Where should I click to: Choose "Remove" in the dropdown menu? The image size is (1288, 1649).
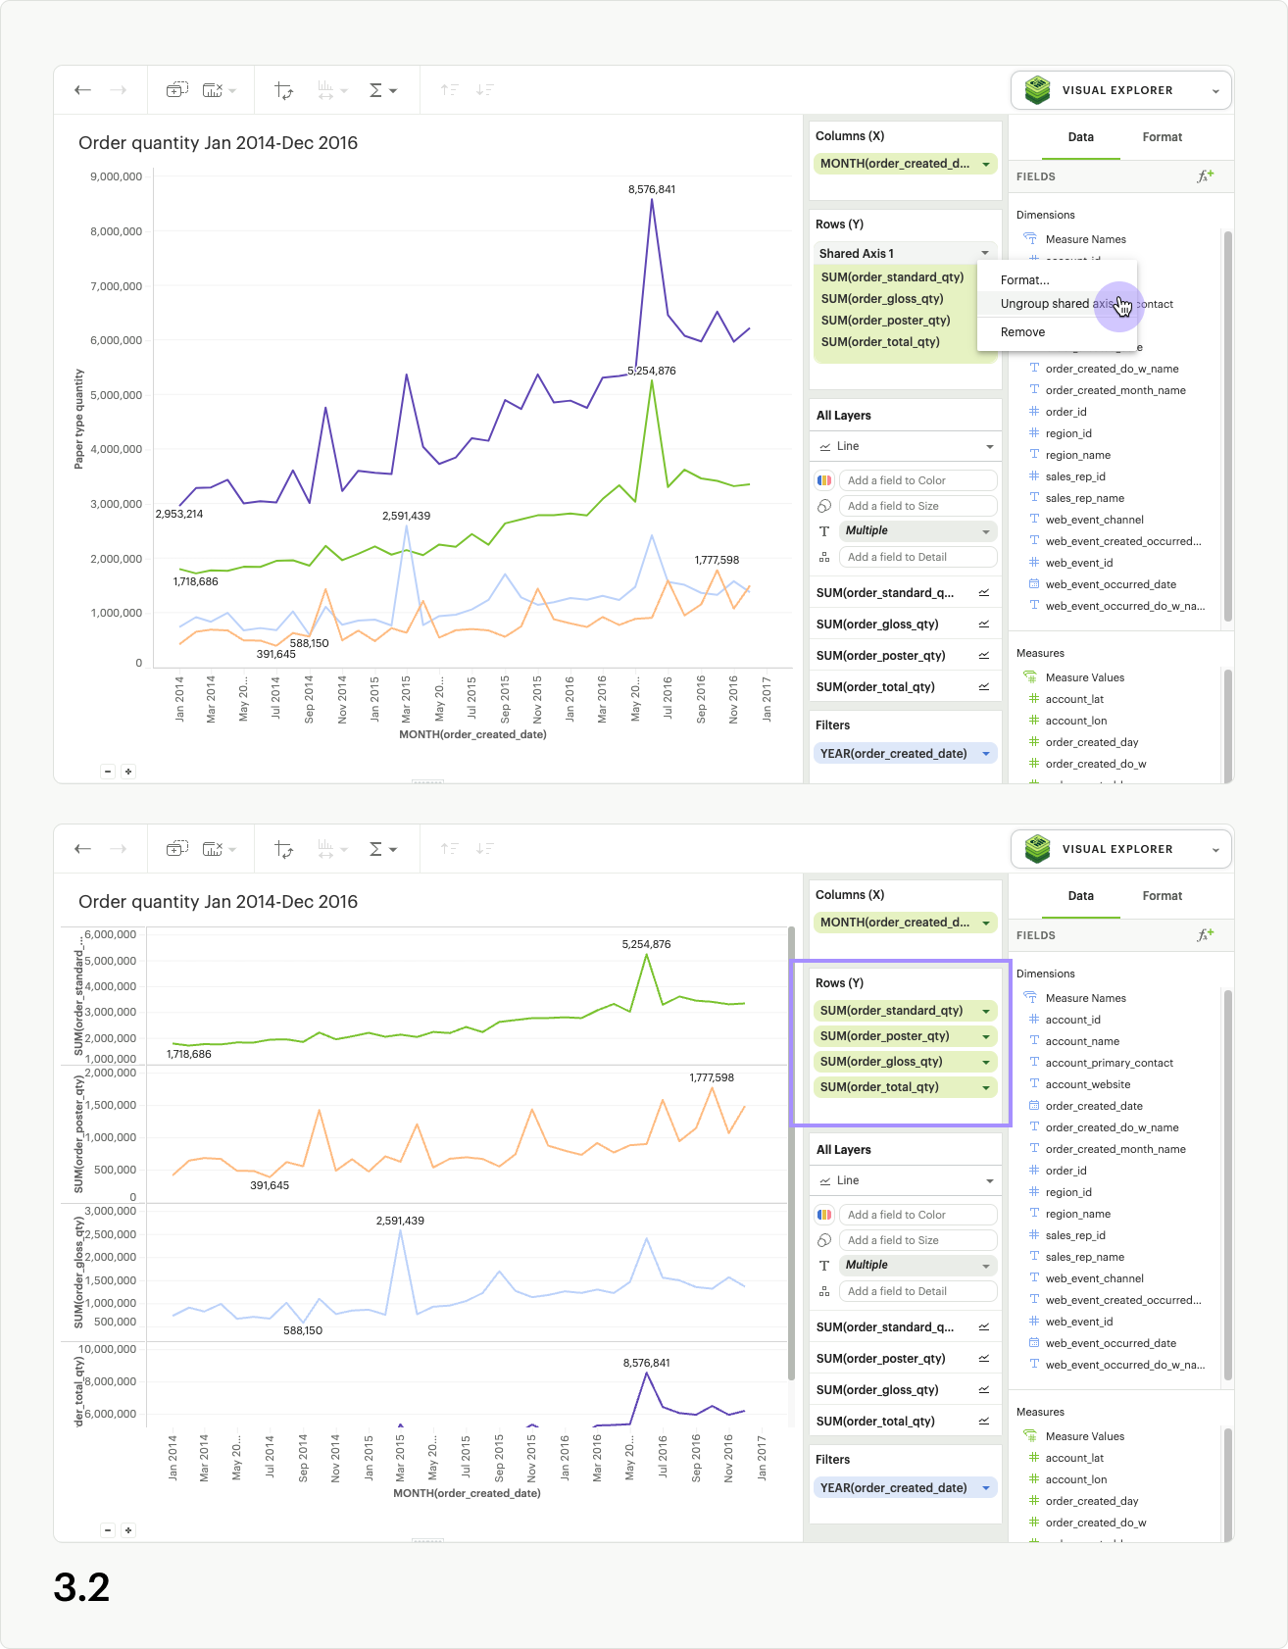click(1022, 332)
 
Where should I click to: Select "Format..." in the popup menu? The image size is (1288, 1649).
click(1024, 280)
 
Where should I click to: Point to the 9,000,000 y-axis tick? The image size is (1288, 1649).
click(116, 176)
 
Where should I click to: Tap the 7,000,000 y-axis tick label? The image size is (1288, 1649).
click(116, 286)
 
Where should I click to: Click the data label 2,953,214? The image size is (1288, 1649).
click(179, 514)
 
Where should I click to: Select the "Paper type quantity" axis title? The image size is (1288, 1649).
click(79, 419)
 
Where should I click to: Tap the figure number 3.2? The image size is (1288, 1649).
click(82, 1587)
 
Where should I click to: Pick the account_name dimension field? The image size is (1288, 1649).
click(1082, 1041)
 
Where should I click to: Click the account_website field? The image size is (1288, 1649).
click(1087, 1084)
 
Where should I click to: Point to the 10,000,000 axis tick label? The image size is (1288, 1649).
click(109, 1349)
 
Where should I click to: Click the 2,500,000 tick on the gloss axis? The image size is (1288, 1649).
click(111, 1234)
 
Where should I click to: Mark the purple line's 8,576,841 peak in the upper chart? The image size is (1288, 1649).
click(652, 200)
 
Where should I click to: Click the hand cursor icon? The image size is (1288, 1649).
click(1122, 307)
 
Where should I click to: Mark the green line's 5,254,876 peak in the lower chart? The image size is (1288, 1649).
click(646, 955)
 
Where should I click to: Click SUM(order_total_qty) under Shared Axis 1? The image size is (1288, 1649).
click(880, 342)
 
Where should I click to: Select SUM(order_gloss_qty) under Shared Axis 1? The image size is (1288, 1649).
click(882, 299)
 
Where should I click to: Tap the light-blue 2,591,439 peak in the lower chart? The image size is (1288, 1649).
click(400, 1230)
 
